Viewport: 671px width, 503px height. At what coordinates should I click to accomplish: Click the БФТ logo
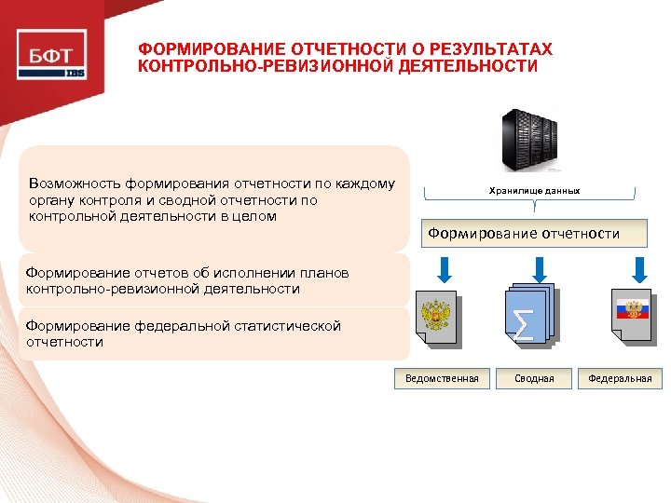(x=52, y=55)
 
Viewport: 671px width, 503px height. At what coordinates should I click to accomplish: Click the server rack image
(x=529, y=141)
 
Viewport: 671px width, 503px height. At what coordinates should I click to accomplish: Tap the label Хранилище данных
(x=534, y=190)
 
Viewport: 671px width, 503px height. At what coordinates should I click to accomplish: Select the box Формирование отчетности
(x=524, y=234)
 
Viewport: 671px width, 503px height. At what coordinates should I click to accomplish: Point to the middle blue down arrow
(x=538, y=269)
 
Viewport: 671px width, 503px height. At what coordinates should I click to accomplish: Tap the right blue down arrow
(x=638, y=269)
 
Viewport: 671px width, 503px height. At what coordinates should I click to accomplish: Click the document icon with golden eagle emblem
(x=437, y=319)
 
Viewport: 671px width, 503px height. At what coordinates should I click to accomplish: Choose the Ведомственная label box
(x=442, y=378)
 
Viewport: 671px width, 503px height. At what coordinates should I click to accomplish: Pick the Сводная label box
(x=534, y=378)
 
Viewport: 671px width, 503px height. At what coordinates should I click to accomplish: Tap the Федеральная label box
(x=620, y=378)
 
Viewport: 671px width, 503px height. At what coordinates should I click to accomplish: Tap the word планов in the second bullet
(x=326, y=273)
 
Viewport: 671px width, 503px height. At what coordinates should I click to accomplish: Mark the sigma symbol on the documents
(x=525, y=322)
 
